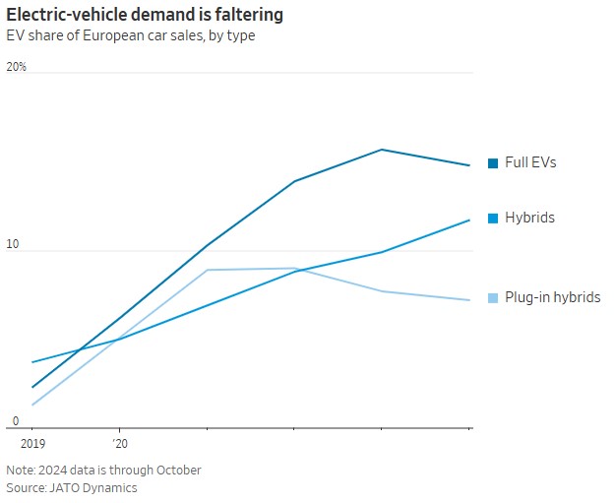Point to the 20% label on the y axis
coord(17,67)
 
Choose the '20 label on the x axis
coord(119,445)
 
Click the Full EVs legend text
coord(530,162)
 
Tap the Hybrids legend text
coord(529,218)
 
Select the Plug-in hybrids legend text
coord(552,297)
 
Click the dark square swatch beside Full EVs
coord(493,163)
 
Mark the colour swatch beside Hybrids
coord(493,218)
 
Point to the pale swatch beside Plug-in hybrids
coord(493,297)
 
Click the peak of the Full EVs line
coord(382,150)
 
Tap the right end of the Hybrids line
coord(469,220)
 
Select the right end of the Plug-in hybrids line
coord(469,300)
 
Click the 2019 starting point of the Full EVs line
coord(32,388)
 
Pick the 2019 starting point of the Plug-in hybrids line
coord(32,405)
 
